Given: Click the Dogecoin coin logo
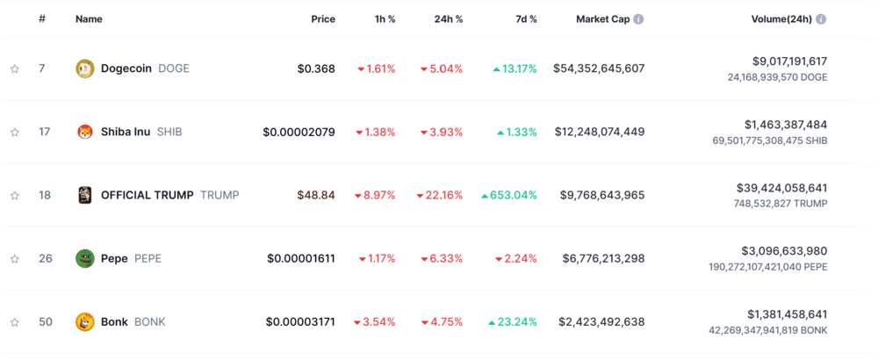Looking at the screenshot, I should [85, 68].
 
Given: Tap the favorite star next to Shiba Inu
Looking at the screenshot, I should [15, 133].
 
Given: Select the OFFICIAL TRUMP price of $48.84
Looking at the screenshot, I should [316, 195].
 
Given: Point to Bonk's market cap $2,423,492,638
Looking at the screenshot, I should [601, 321].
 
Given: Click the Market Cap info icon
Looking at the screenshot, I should [638, 19].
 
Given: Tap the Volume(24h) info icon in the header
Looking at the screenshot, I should [821, 19].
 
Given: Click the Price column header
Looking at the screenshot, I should [322, 19].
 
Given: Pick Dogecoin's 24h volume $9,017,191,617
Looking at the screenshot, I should [789, 61].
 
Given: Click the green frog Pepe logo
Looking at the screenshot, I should [85, 258].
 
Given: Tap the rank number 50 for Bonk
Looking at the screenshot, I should [46, 321].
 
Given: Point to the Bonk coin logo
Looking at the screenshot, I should [85, 321].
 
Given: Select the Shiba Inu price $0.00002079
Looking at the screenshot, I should [299, 132].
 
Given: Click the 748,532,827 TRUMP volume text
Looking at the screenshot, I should [780, 204].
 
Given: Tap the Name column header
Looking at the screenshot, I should [89, 19].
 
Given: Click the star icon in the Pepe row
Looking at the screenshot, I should [15, 259].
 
